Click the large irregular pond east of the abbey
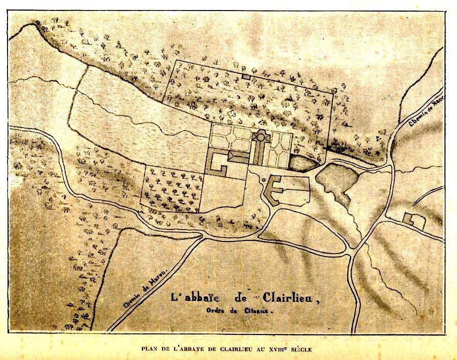(x=336, y=179)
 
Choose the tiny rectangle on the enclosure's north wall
(x=246, y=76)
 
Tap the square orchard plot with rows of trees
(x=173, y=189)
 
